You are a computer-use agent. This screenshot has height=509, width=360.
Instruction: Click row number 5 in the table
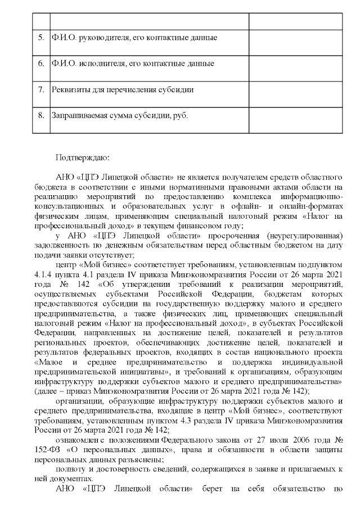pyautogui.click(x=40, y=38)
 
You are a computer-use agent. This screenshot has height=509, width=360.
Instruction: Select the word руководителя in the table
pyautogui.click(x=100, y=38)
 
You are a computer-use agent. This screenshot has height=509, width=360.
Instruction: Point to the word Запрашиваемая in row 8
pyautogui.click(x=77, y=115)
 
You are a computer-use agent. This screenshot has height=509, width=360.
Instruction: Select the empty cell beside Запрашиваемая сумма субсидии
pyautogui.click(x=295, y=116)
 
